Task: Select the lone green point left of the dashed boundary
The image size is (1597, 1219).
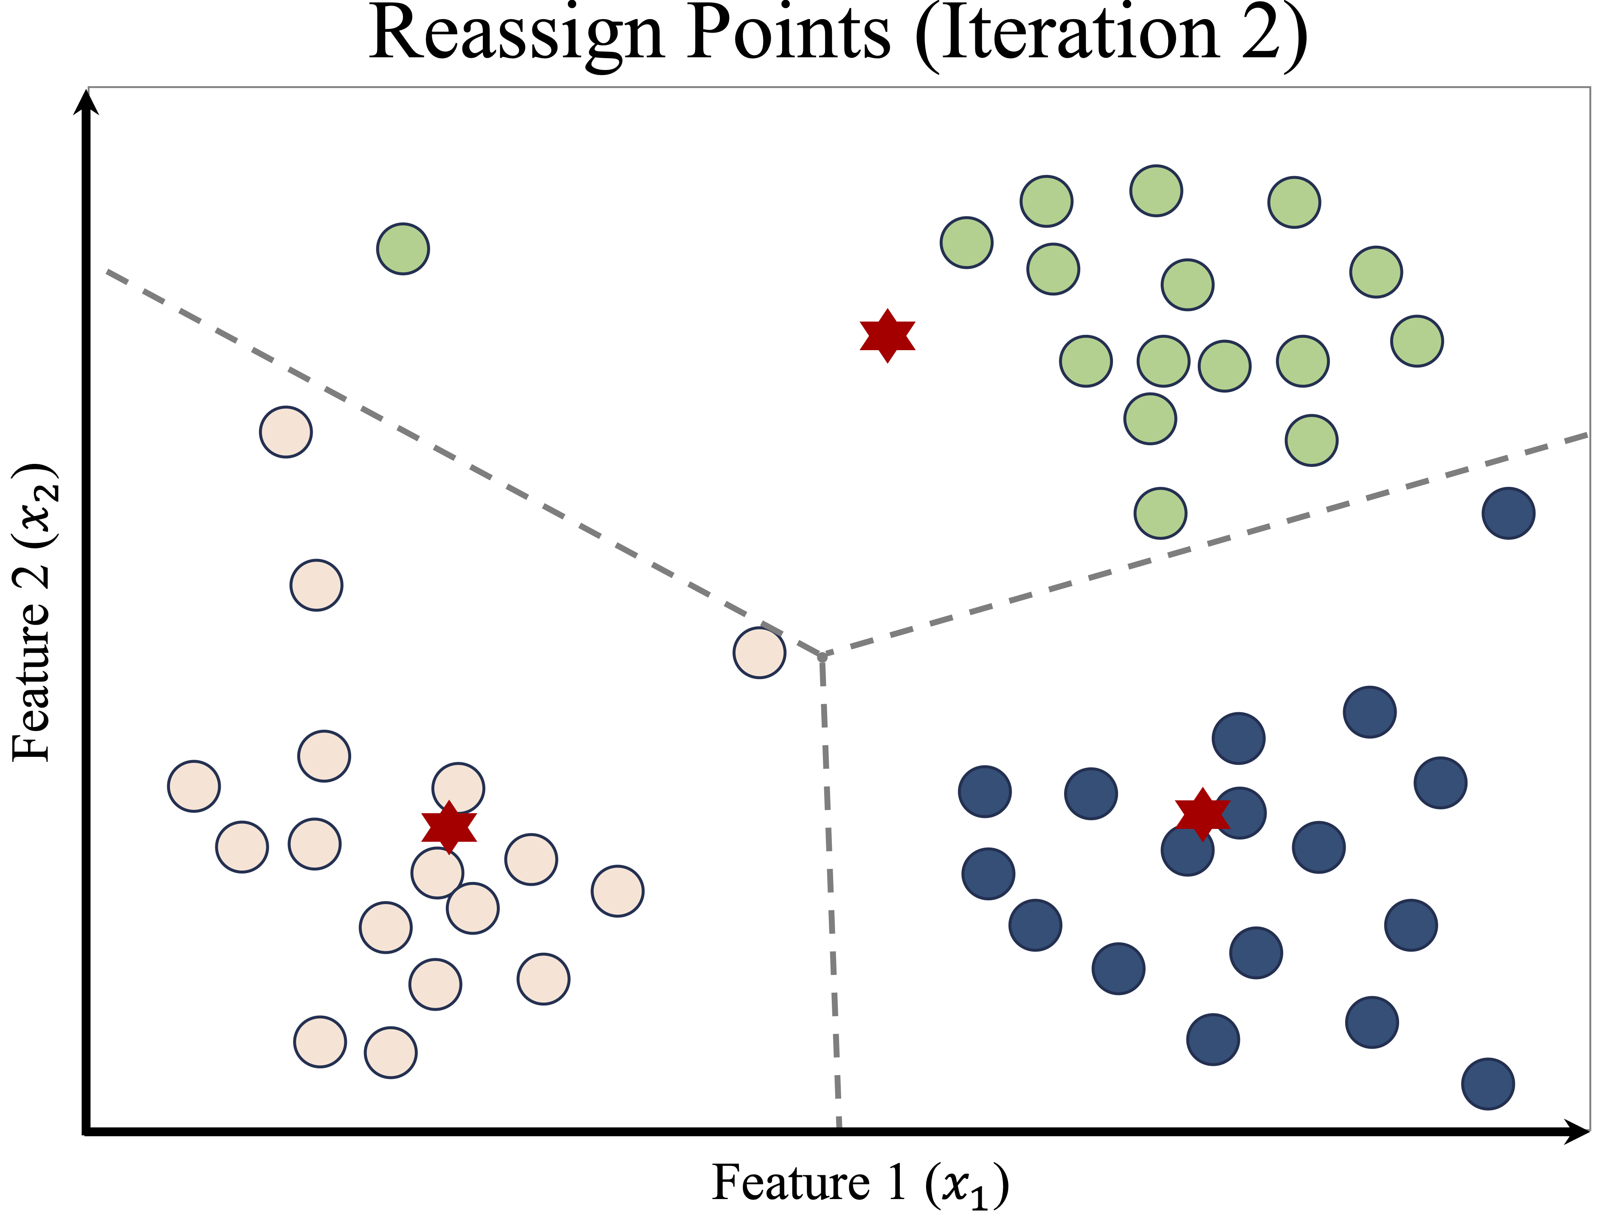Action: click(x=403, y=249)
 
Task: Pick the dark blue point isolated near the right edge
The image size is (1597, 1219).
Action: click(x=1508, y=513)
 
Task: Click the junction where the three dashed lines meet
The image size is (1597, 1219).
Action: click(x=822, y=657)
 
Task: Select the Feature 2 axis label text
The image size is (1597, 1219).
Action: click(x=33, y=613)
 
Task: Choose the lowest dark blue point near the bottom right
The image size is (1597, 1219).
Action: click(x=1488, y=1083)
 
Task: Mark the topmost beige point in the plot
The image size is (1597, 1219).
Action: click(x=286, y=432)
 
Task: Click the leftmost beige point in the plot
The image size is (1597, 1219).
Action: click(x=194, y=786)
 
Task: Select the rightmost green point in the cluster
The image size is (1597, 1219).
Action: click(x=1417, y=341)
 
